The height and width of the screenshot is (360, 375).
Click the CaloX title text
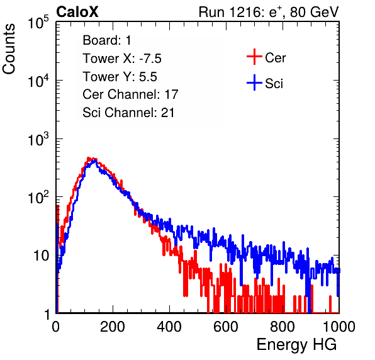[x=77, y=12]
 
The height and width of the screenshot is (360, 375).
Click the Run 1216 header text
[x=269, y=12]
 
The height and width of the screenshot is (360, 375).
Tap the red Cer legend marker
[x=254, y=57]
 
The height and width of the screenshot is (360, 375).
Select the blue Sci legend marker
[x=254, y=82]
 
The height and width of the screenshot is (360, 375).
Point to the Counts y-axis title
[x=9, y=49]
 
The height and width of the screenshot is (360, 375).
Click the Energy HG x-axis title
[x=296, y=345]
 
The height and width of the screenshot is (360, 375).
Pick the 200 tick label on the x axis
[x=113, y=327]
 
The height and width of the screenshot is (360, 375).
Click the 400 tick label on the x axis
[x=169, y=327]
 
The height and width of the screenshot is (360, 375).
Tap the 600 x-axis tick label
[x=226, y=327]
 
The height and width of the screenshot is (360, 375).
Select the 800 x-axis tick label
[x=283, y=327]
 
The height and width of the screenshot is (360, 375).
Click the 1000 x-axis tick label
[x=339, y=327]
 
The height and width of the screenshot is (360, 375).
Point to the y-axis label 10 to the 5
[x=38, y=23]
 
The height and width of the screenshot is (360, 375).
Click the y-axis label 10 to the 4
[x=38, y=81]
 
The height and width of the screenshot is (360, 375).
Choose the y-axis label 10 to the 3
[x=38, y=139]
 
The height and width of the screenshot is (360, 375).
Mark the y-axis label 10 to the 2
[x=38, y=197]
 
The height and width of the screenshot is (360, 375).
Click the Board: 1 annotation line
[x=107, y=40]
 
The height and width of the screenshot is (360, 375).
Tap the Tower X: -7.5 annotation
[x=122, y=59]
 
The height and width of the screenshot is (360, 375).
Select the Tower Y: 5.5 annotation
[x=120, y=77]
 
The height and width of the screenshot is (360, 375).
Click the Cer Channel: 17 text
[x=131, y=94]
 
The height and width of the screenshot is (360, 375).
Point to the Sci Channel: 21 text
[x=128, y=113]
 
